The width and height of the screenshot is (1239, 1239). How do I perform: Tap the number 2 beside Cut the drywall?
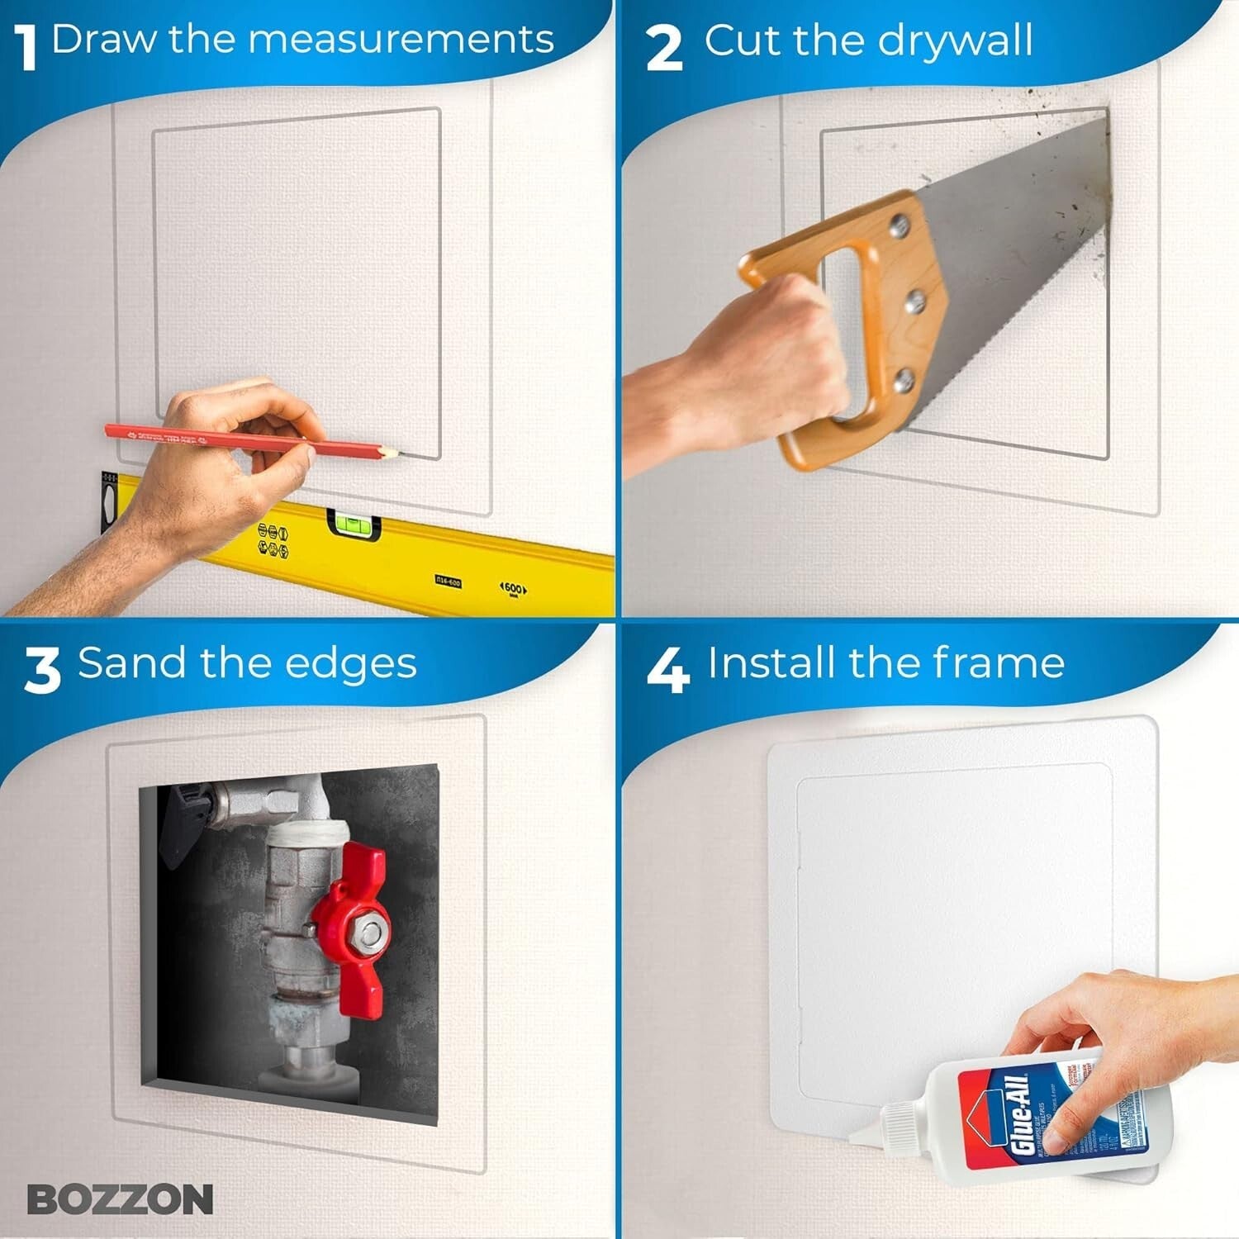[x=665, y=48]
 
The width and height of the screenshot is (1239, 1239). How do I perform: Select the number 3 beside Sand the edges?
[x=42, y=670]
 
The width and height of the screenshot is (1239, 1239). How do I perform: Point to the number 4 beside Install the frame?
[x=667, y=670]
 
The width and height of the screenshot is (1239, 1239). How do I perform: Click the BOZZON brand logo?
[x=120, y=1199]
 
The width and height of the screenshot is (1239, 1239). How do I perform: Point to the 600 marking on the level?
[x=513, y=587]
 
